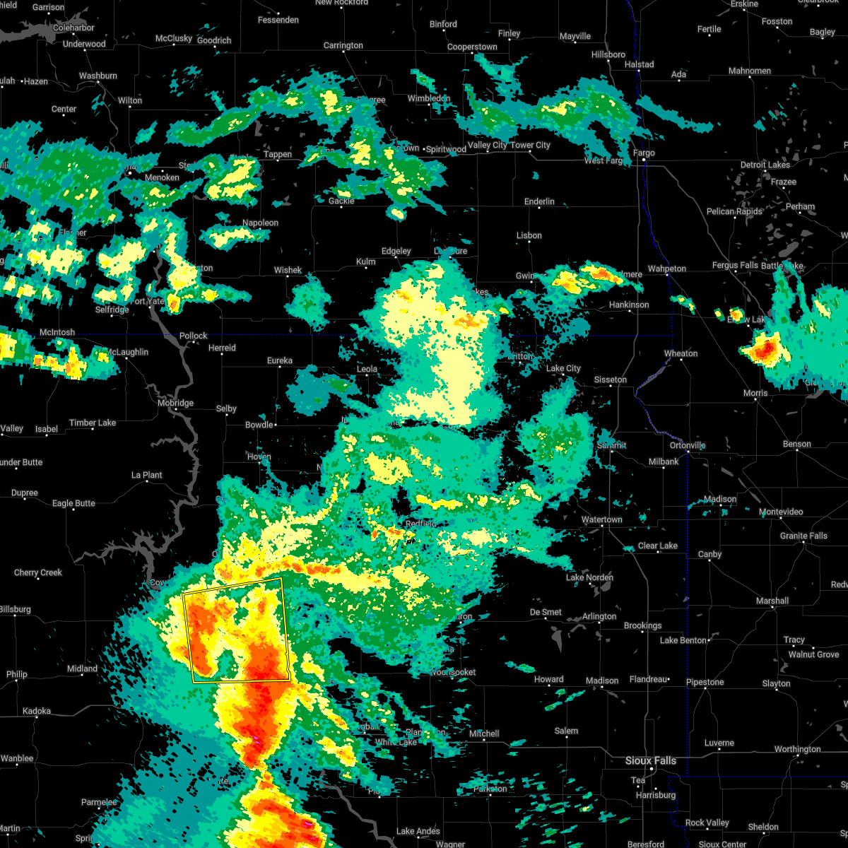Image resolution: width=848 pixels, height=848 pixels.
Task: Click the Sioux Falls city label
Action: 650,760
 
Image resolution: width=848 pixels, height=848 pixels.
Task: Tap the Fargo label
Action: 644,153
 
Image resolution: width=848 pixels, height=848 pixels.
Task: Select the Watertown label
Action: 601,519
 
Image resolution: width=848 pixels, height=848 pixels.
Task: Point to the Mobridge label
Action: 175,403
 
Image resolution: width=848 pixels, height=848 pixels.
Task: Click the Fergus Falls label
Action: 735,266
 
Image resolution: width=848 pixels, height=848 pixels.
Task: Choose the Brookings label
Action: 642,625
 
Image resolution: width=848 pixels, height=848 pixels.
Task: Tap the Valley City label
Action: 488,145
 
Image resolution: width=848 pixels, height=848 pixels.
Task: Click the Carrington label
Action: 343,45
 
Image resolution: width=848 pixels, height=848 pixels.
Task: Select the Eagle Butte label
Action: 73,503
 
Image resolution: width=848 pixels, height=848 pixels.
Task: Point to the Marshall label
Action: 772,601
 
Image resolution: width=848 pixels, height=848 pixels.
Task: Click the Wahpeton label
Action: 666,269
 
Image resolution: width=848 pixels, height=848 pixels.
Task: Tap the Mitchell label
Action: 483,734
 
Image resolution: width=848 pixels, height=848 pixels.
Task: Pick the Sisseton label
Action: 610,379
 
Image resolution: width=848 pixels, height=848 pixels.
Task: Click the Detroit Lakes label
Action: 765,165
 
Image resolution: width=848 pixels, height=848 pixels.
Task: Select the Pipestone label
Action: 705,682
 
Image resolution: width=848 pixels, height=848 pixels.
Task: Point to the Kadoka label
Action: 37,711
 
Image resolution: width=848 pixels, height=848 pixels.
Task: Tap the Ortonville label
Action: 688,445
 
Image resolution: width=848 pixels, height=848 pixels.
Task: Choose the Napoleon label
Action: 260,223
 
